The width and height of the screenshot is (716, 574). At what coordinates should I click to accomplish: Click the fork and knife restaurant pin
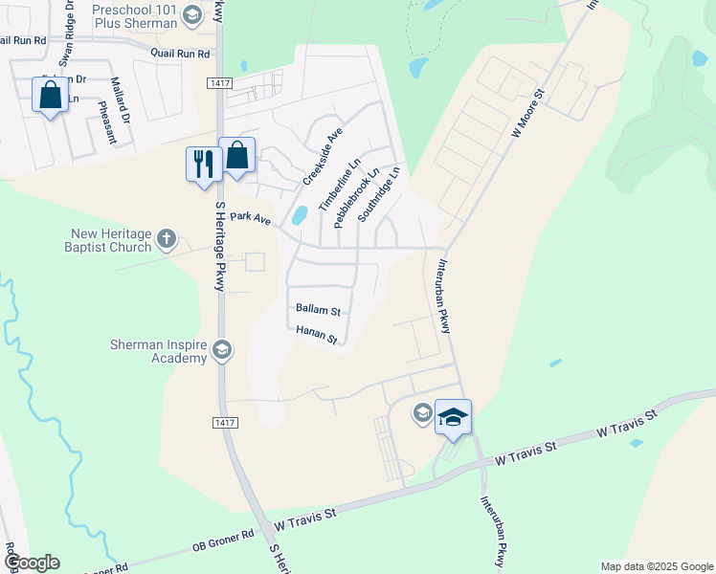(x=203, y=164)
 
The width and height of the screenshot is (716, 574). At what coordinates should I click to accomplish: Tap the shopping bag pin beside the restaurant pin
(x=236, y=156)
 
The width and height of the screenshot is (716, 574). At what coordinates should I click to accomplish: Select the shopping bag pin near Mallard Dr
(x=50, y=96)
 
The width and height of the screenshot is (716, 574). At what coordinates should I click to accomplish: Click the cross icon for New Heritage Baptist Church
(x=168, y=237)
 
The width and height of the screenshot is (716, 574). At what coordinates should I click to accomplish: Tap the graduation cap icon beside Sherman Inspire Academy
(x=222, y=351)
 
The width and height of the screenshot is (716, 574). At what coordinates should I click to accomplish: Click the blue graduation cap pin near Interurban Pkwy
(x=453, y=417)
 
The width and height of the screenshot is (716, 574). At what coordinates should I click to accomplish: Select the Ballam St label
(x=318, y=310)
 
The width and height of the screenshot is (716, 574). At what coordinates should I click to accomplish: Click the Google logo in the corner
(x=31, y=563)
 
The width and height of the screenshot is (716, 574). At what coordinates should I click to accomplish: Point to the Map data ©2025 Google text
(x=656, y=566)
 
